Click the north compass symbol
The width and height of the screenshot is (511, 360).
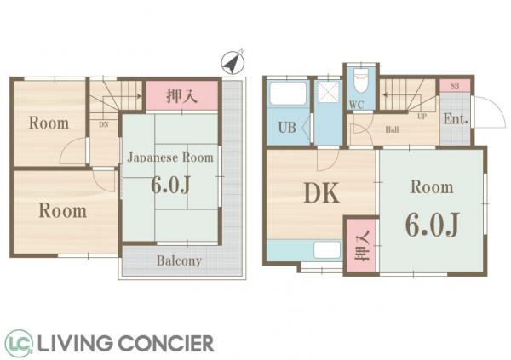(233, 62)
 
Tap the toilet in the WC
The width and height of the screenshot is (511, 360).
(360, 80)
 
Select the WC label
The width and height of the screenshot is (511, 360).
(356, 105)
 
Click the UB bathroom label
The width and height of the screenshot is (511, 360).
(287, 128)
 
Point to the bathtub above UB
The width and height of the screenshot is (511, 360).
(288, 94)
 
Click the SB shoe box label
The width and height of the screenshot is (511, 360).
(455, 86)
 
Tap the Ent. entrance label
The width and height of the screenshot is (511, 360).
(456, 119)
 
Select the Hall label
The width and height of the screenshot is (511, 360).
(392, 129)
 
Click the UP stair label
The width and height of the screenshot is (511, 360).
(422, 117)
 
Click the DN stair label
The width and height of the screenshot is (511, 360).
(103, 124)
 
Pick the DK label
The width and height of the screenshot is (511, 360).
(322, 193)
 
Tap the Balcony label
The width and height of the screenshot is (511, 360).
(179, 260)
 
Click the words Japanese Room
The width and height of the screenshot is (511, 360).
(170, 157)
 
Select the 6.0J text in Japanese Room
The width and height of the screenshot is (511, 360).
(170, 185)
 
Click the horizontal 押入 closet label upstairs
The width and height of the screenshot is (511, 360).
(182, 96)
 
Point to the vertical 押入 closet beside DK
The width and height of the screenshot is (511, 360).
(362, 246)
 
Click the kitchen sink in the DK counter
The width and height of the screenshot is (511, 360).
(327, 250)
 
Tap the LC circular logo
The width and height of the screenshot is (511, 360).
(19, 343)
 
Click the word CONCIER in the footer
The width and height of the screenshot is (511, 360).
(165, 343)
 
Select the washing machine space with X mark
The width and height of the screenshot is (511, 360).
(329, 92)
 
